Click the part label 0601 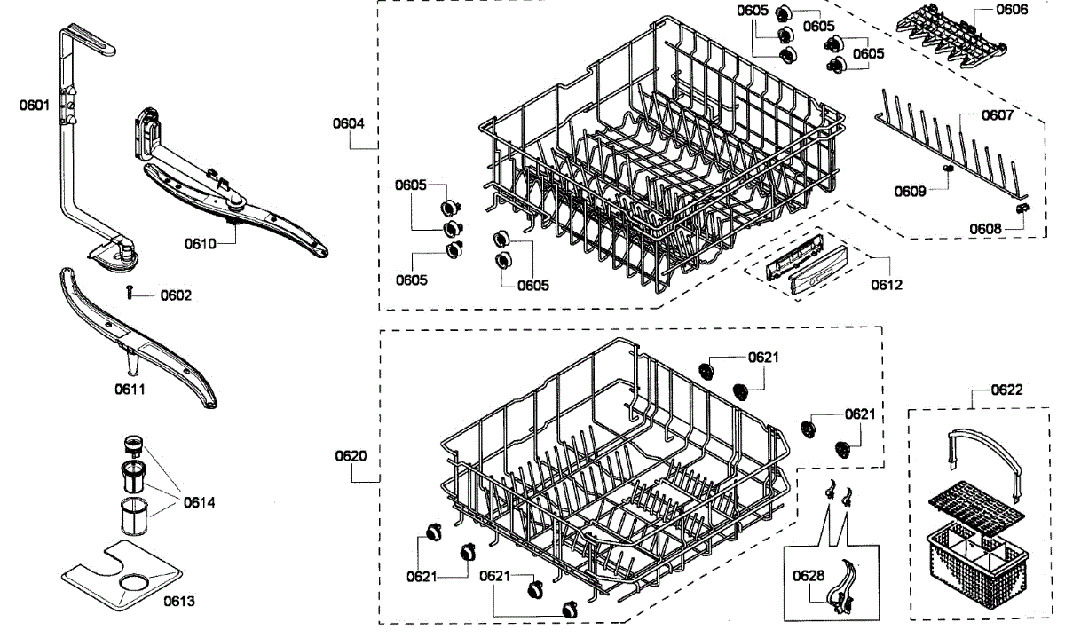[x=33, y=105]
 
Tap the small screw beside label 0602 [x=130, y=292]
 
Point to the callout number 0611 [x=130, y=388]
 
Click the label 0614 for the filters [x=199, y=502]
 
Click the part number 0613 [x=178, y=601]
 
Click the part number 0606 [x=1012, y=10]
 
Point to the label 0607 [x=998, y=115]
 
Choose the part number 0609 [x=911, y=191]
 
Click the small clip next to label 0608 [x=1024, y=207]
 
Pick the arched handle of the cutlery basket [x=980, y=440]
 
